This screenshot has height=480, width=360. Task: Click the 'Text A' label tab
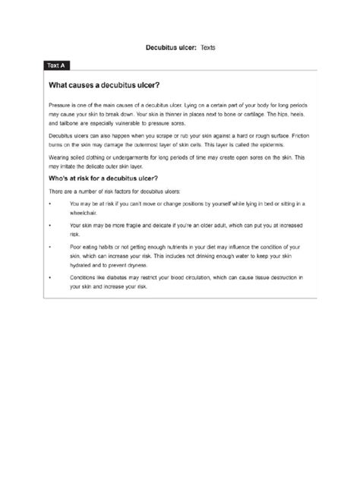56,66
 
